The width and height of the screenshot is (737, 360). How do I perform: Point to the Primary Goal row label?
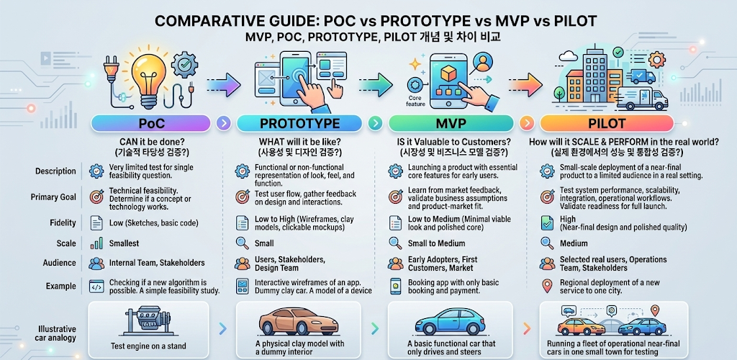point(54,197)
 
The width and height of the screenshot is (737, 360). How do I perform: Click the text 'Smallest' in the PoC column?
point(124,243)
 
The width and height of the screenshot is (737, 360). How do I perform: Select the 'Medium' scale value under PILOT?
point(574,243)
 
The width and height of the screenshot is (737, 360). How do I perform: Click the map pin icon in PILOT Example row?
point(547,287)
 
